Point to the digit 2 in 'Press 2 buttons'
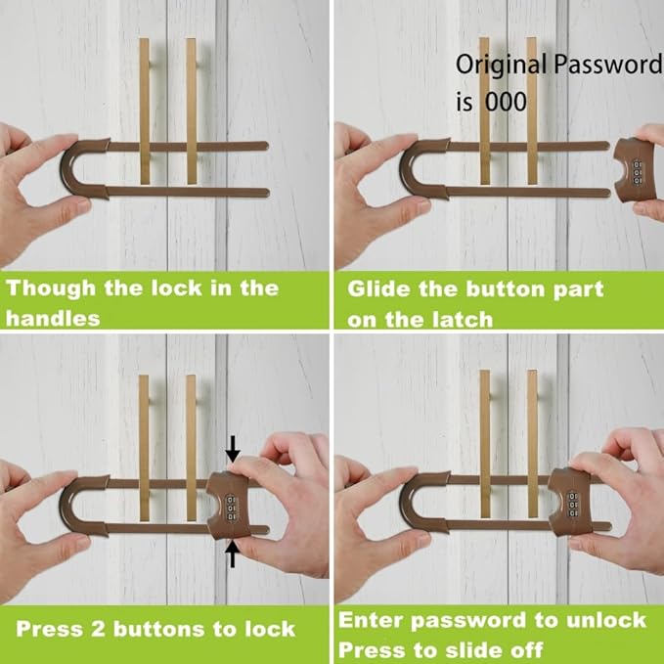coord(100,627)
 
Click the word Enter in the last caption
coord(373,620)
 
